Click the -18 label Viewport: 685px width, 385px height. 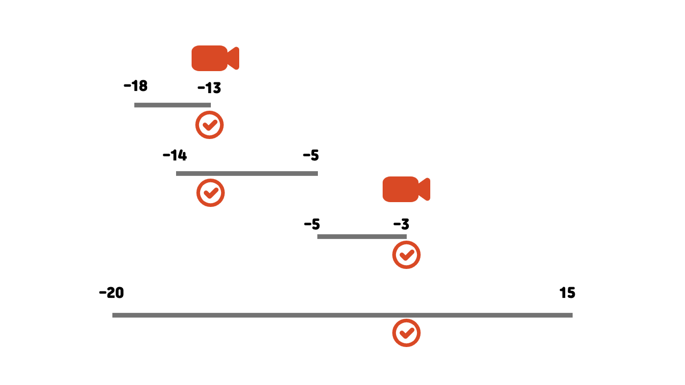tap(135, 86)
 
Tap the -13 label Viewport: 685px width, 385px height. tap(209, 88)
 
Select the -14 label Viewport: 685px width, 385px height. tap(175, 156)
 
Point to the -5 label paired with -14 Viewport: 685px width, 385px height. tap(311, 156)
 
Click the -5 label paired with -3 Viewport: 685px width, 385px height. tap(312, 224)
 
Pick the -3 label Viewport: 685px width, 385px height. tap(401, 224)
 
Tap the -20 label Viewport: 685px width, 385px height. tap(111, 293)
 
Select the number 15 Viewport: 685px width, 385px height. tap(567, 293)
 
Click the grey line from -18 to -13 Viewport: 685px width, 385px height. tap(172, 105)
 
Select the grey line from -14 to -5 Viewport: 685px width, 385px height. tap(247, 173)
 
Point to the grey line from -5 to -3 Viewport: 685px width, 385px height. tap(362, 236)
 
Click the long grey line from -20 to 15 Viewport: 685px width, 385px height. tap(342, 315)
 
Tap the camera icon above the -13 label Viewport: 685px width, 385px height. tap(215, 58)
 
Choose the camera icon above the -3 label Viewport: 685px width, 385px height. tap(406, 189)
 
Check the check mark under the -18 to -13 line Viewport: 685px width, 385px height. tap(210, 125)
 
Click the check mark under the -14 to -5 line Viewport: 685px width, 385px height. tap(210, 193)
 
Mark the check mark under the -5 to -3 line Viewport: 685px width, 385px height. tap(406, 255)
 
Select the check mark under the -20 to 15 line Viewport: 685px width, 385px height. tap(406, 333)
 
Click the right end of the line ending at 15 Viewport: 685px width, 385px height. tap(572, 315)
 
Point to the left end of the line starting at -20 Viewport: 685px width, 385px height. tap(113, 315)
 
